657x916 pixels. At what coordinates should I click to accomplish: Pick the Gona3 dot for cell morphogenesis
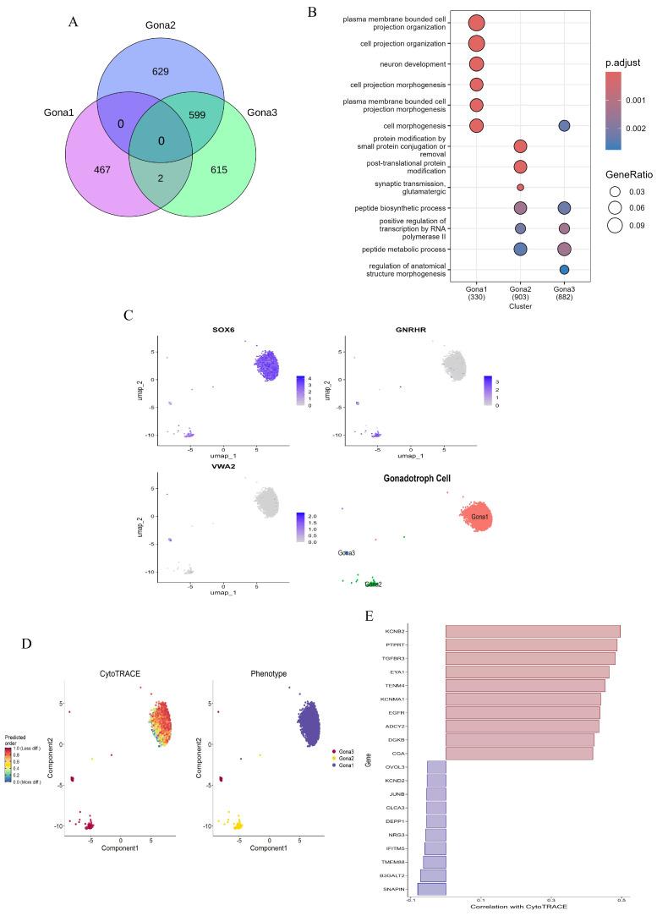tap(564, 126)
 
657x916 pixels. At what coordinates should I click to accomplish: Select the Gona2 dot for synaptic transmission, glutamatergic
tap(520, 187)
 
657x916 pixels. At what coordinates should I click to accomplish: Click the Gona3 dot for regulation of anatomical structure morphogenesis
tap(564, 270)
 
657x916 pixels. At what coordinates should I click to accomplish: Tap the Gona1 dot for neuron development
tap(476, 64)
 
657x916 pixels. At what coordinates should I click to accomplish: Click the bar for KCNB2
tap(533, 632)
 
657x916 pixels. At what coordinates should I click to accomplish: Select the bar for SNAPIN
tap(431, 889)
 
